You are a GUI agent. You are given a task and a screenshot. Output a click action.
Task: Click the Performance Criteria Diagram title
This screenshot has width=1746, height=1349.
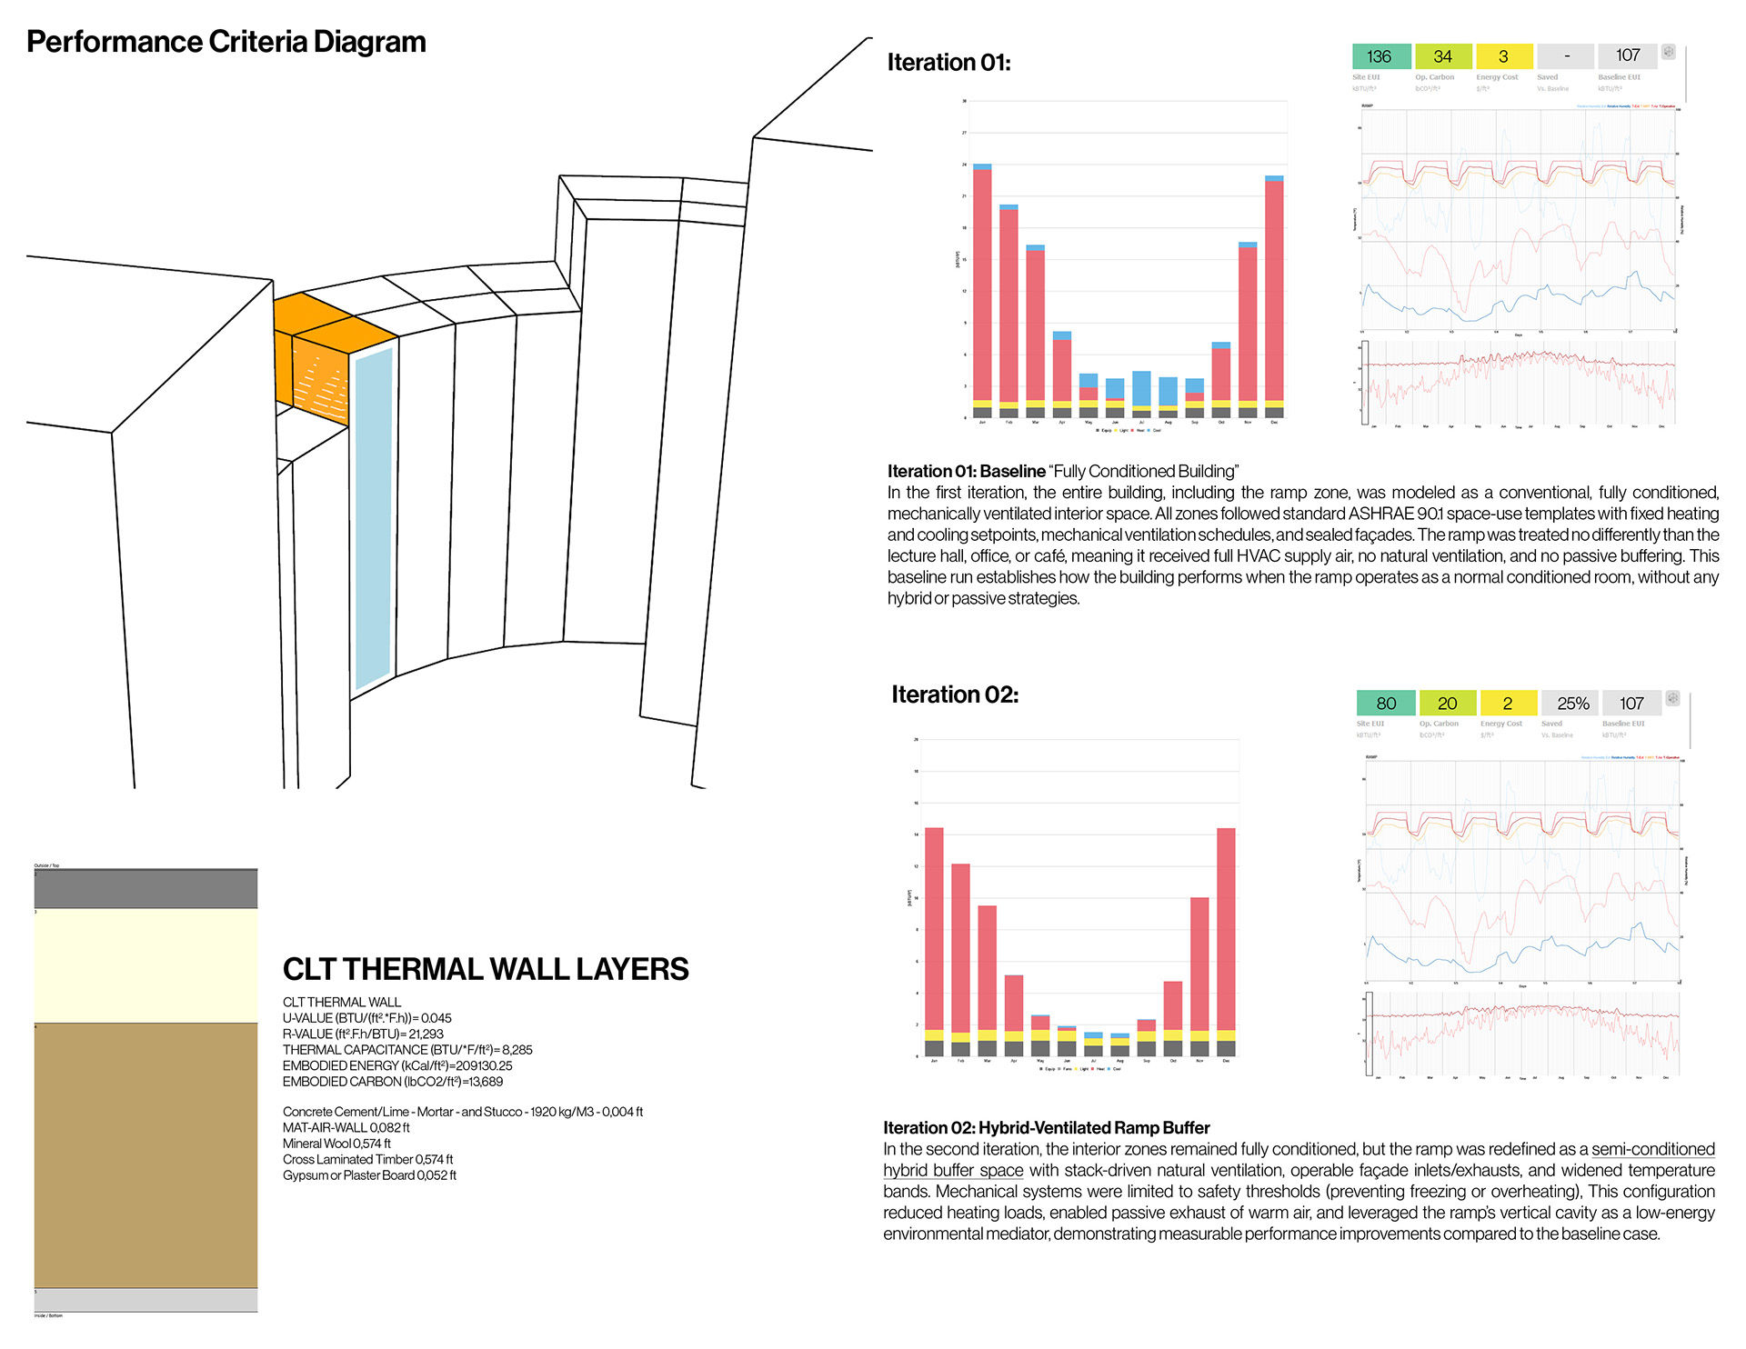[x=226, y=42]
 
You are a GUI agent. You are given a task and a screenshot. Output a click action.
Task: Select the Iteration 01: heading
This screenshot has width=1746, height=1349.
[x=948, y=62]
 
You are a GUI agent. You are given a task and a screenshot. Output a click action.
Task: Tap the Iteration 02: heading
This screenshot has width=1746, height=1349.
[x=954, y=694]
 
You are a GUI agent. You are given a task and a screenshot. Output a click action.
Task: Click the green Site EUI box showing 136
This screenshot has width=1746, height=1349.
[x=1380, y=56]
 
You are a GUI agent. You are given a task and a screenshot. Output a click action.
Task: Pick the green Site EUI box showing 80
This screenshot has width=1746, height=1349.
[x=1385, y=704]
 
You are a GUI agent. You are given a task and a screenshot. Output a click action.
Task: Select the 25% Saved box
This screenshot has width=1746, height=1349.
[x=1572, y=704]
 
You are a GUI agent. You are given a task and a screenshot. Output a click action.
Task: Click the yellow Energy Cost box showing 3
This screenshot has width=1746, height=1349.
[x=1503, y=56]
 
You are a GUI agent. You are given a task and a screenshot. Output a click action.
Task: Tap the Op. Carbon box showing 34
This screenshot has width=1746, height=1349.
[x=1442, y=56]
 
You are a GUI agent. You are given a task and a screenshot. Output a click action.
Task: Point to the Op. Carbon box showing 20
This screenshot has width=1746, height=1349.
[x=1447, y=704]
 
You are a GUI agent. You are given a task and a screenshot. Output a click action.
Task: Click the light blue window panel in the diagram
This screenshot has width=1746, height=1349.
[x=373, y=518]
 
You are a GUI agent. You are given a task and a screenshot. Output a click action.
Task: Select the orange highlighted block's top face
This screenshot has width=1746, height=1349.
[x=335, y=323]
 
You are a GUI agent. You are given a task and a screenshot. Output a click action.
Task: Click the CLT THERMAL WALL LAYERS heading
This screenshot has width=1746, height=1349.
[x=486, y=969]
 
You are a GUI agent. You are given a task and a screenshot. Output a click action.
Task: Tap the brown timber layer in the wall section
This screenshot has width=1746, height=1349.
[x=145, y=1154]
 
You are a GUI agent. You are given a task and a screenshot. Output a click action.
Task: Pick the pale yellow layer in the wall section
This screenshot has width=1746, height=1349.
[x=145, y=965]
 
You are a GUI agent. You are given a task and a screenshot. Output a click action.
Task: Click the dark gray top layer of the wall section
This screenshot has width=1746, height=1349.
[x=145, y=889]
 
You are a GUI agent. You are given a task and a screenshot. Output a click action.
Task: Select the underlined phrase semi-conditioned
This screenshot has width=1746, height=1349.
[x=1652, y=1149]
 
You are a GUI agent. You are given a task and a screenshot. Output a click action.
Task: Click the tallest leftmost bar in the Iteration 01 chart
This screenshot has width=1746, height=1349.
[x=982, y=282]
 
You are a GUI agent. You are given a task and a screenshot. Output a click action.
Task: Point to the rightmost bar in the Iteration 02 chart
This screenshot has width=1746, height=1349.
[x=1226, y=936]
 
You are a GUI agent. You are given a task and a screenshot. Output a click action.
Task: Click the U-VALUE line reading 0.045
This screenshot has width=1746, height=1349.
[x=366, y=1018]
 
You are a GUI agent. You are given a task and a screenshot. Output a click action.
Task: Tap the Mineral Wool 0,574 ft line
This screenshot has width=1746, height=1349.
[x=336, y=1144]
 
